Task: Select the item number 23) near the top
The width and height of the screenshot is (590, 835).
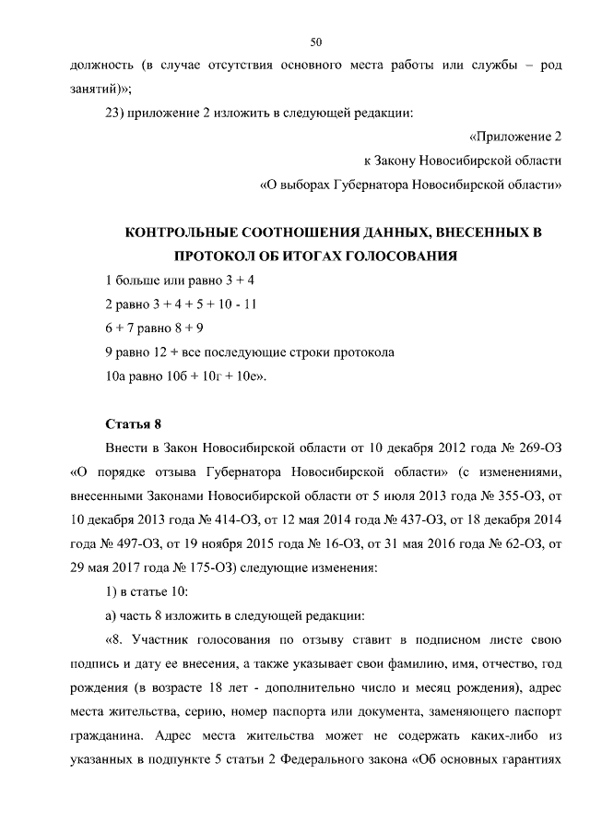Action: pyautogui.click(x=119, y=114)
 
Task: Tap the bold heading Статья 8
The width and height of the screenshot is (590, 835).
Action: pyautogui.click(x=134, y=424)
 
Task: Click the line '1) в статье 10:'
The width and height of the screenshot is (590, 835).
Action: pyautogui.click(x=147, y=592)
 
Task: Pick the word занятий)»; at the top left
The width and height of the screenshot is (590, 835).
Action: pyautogui.click(x=101, y=90)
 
